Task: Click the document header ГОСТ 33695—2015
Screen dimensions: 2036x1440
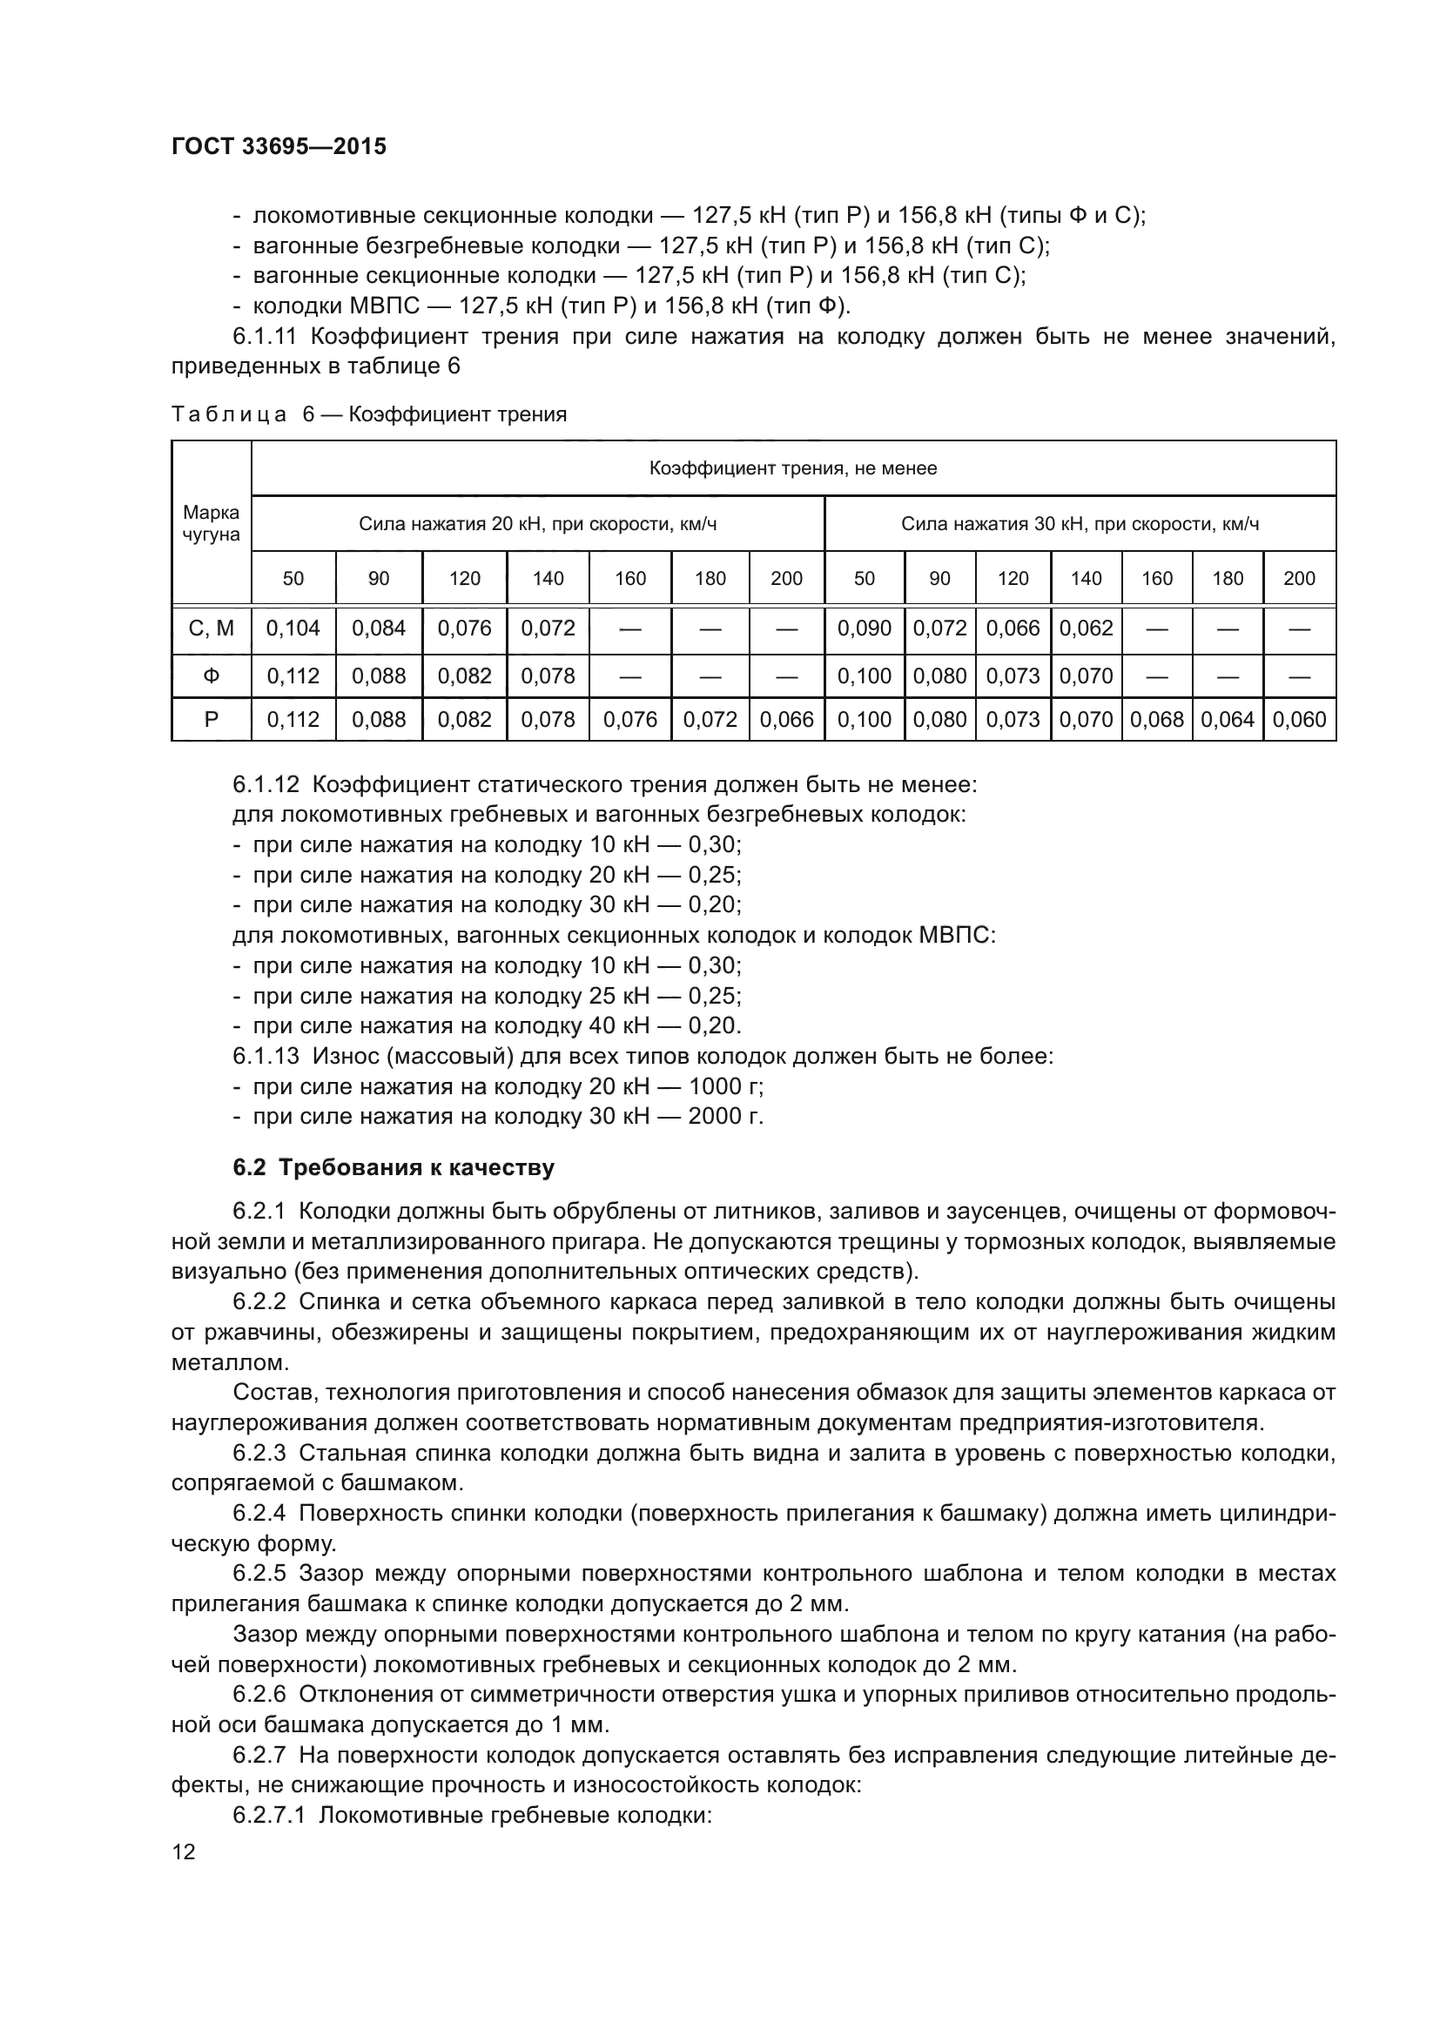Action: [279, 147]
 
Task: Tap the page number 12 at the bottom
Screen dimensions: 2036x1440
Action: [184, 1851]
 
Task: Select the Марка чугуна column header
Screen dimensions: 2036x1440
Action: [211, 523]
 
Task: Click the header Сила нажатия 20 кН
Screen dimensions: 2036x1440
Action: [537, 524]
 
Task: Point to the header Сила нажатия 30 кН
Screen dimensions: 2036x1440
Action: [1079, 524]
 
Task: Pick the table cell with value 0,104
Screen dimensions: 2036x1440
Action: [293, 628]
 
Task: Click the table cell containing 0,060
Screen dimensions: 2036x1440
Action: [1298, 720]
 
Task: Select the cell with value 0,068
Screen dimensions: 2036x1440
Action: [1156, 720]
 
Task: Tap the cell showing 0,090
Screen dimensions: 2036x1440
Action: [864, 628]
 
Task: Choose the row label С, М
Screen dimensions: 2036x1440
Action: [211, 628]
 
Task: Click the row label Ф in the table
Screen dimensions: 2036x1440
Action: [211, 676]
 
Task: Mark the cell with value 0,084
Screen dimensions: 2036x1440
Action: [379, 628]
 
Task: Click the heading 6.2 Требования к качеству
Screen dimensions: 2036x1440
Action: [394, 1168]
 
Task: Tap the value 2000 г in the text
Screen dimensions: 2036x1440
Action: [725, 1117]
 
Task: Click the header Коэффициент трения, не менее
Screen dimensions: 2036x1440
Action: [793, 468]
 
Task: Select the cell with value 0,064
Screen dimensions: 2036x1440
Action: [1228, 720]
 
